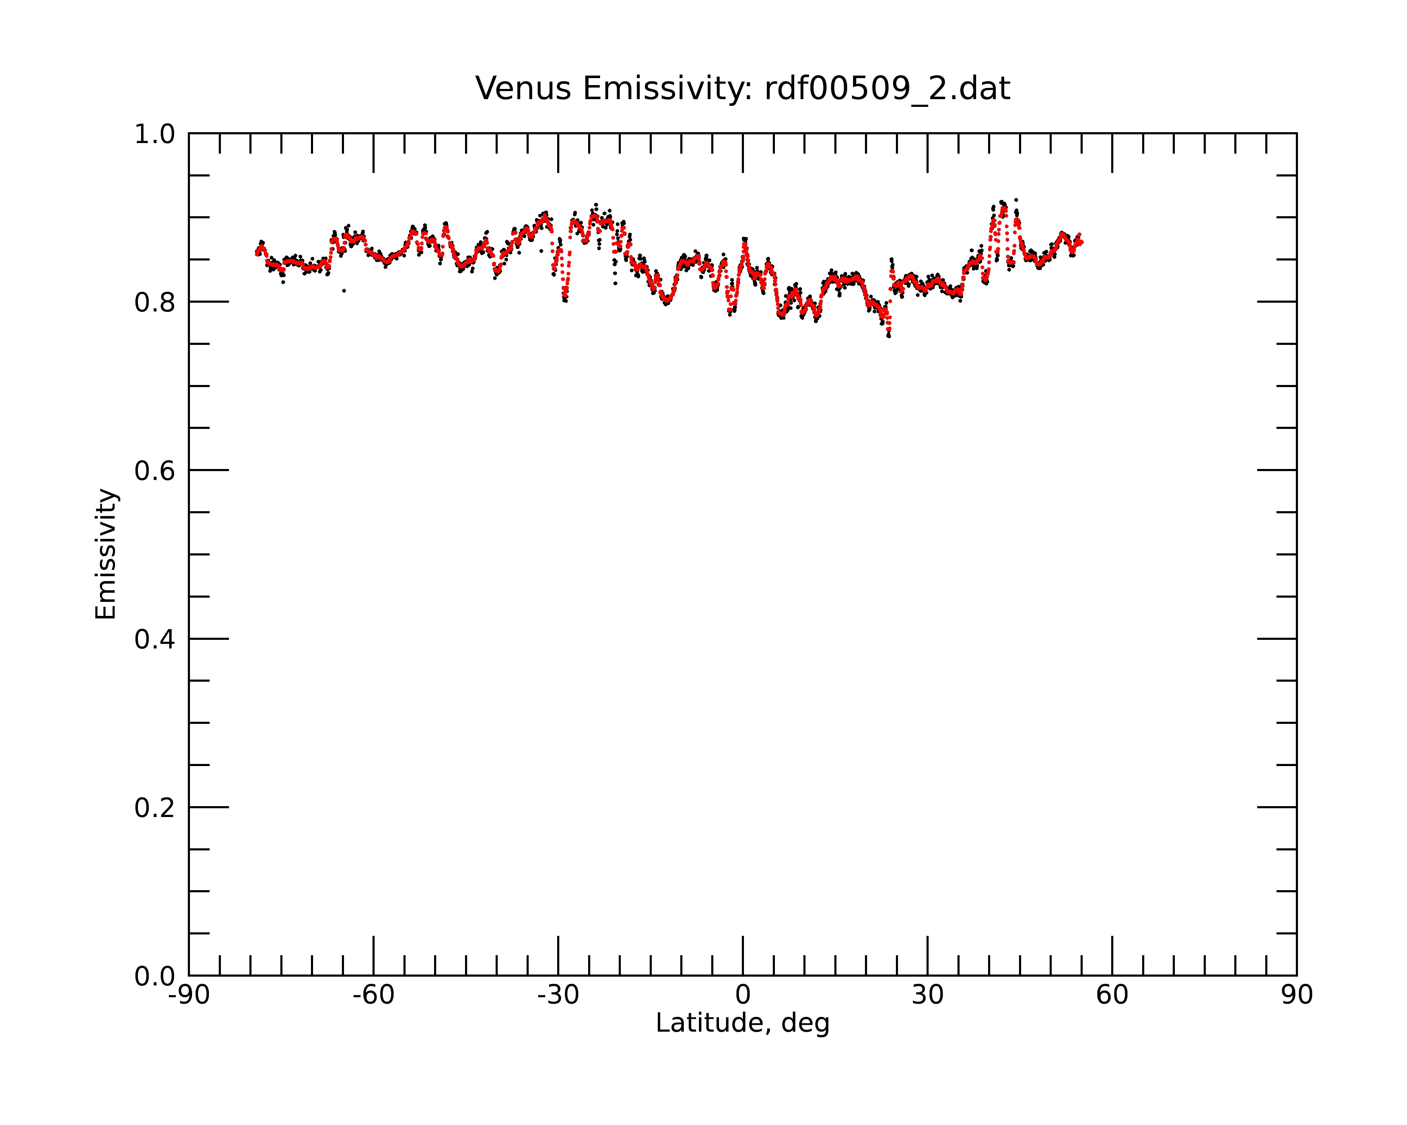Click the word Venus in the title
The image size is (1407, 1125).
tap(523, 89)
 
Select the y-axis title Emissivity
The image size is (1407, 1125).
tap(106, 554)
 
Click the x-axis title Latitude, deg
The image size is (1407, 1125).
tap(743, 1023)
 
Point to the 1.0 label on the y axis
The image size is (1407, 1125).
tap(155, 135)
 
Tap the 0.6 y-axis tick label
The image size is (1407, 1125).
tap(155, 471)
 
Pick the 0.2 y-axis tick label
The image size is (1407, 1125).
tap(155, 808)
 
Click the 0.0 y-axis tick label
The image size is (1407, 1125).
tap(155, 976)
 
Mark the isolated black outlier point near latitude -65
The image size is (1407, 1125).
tap(344, 291)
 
